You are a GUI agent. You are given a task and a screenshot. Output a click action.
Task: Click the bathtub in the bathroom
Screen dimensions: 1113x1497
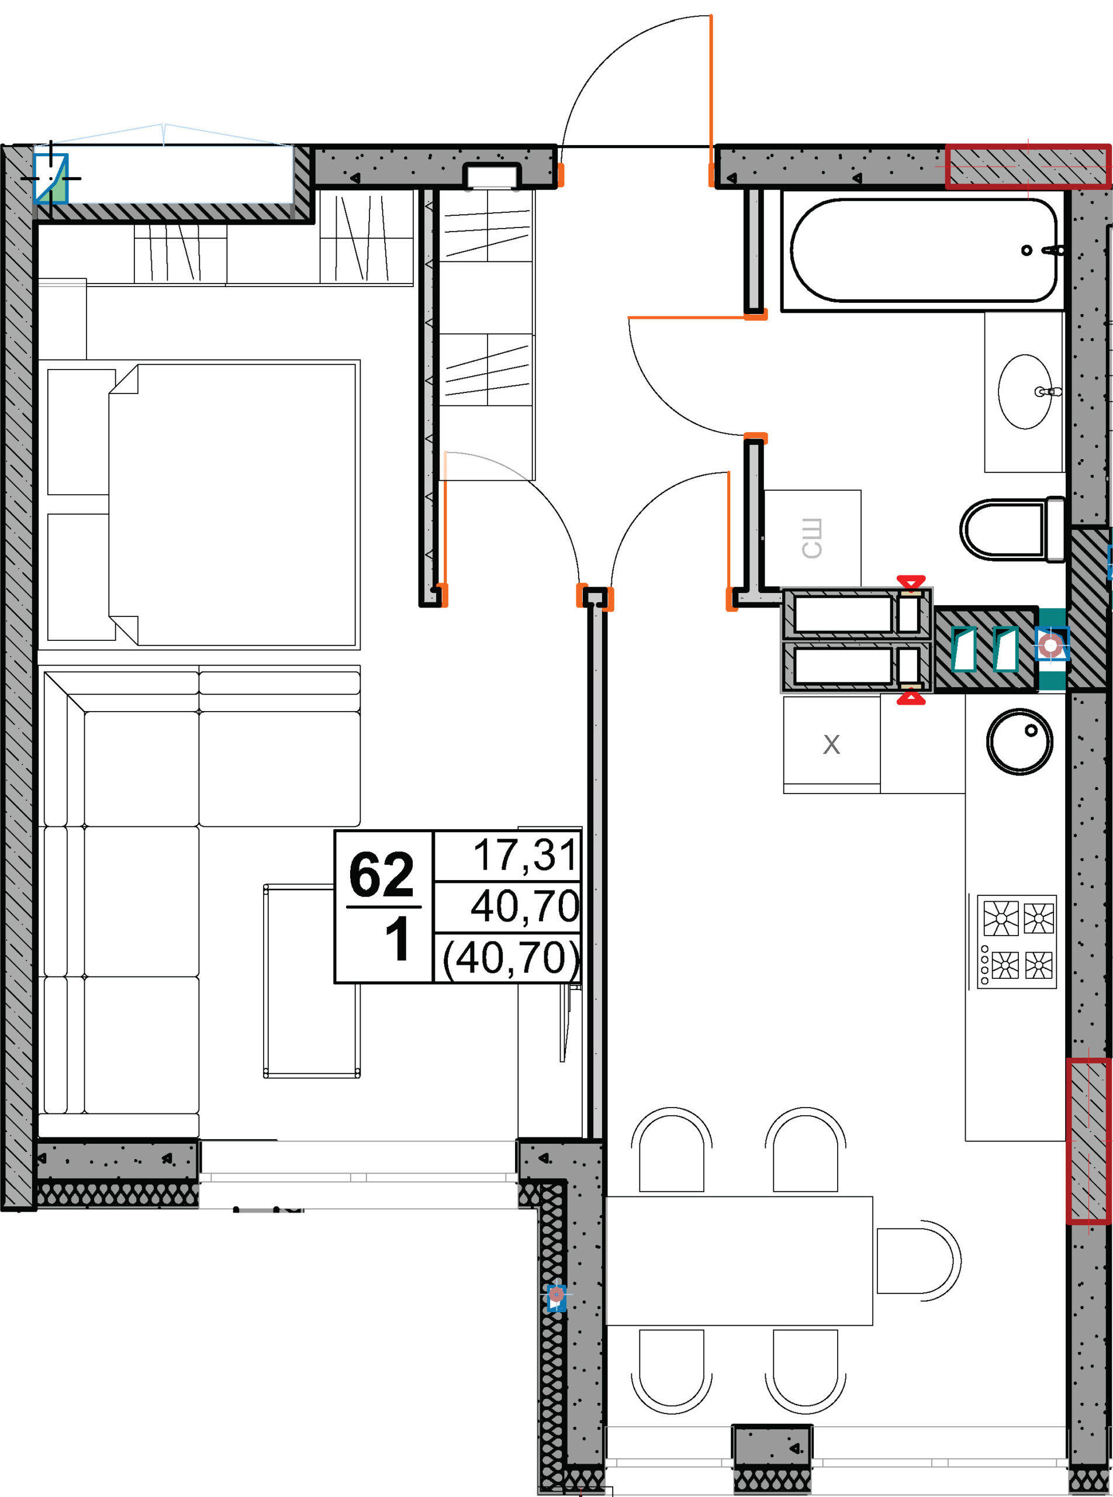pos(923,250)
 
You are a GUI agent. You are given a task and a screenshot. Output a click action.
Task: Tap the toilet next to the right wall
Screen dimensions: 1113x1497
pos(1012,529)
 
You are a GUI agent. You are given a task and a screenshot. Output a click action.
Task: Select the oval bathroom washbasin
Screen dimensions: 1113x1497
pos(1025,392)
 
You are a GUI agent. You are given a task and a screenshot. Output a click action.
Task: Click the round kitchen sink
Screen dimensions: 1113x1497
pos(1019,741)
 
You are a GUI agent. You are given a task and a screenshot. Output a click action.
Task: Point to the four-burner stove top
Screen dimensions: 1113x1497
pos(1017,941)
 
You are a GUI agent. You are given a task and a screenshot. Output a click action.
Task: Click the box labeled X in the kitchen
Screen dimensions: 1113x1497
pos(831,744)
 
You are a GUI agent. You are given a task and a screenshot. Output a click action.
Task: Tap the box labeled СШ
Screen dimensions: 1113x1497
pos(813,538)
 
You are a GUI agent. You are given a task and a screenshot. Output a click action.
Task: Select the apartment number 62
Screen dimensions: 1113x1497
pos(381,874)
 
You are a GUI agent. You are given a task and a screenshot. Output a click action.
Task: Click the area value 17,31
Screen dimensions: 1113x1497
pos(525,855)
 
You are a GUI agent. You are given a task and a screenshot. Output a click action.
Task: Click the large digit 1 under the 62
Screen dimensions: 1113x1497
pos(397,940)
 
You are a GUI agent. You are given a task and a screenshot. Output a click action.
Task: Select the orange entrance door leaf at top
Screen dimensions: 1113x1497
pos(711,100)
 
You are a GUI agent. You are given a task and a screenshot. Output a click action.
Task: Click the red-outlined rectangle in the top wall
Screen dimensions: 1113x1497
pos(1028,166)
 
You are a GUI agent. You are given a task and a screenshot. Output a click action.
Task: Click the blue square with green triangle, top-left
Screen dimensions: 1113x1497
pos(51,178)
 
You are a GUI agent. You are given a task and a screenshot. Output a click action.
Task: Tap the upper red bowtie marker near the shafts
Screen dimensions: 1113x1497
pos(911,582)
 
